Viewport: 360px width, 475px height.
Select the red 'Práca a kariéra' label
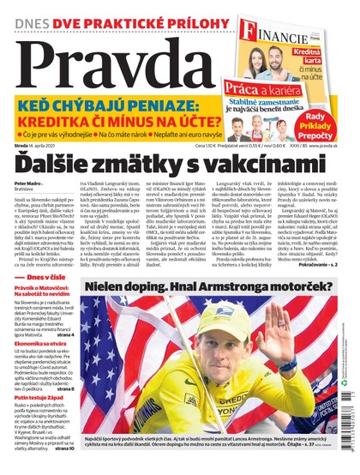coord(268,87)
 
